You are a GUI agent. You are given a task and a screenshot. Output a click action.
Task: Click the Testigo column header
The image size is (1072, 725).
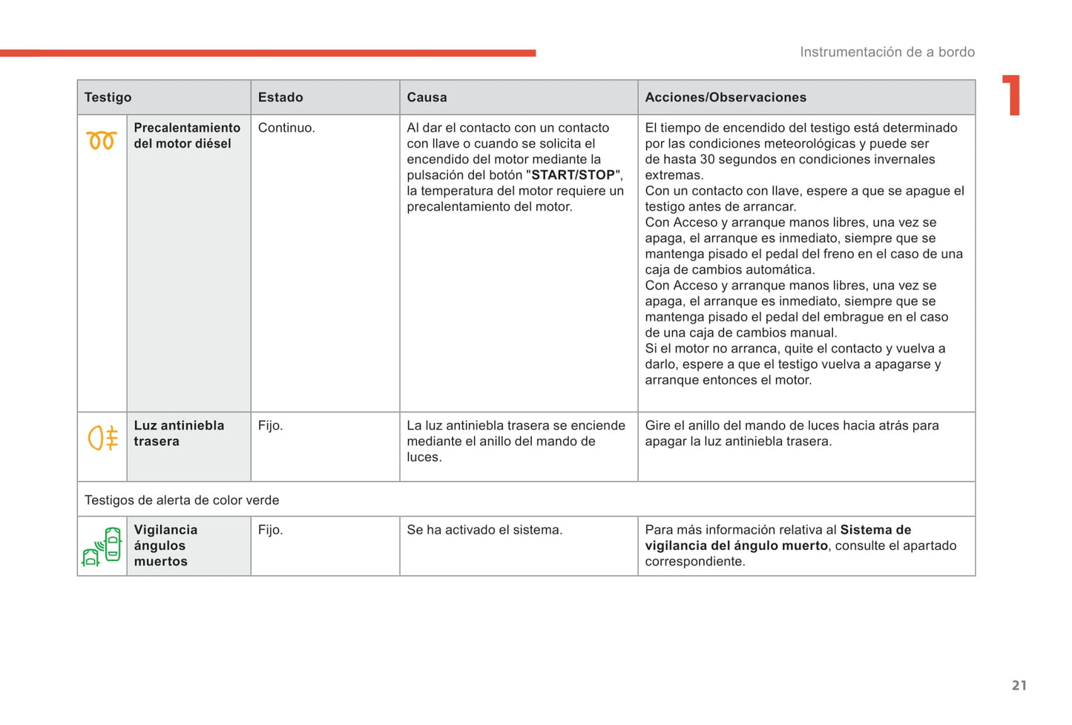coord(108,97)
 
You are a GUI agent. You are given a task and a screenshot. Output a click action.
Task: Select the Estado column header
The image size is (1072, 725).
coord(280,97)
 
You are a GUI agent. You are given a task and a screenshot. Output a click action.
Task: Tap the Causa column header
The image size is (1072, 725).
coord(427,97)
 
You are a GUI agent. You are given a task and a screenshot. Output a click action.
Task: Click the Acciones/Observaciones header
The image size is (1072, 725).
coord(726,97)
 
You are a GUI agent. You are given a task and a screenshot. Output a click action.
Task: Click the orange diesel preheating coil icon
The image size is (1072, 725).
coord(102,140)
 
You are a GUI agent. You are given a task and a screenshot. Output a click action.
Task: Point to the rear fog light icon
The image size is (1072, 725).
coord(102,438)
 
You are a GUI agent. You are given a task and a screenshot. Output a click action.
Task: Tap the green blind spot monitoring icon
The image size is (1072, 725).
coord(102,547)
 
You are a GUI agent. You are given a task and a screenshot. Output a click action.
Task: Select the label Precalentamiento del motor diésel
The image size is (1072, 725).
coord(187,136)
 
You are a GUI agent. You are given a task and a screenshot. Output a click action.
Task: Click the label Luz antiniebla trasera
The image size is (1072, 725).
coord(179,433)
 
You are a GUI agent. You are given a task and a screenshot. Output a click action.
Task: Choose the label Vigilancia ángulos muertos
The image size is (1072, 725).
coord(165,545)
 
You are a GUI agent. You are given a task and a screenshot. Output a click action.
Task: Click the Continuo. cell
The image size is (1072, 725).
coord(286,128)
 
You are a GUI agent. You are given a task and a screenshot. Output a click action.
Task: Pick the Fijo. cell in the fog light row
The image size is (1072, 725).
coord(271,426)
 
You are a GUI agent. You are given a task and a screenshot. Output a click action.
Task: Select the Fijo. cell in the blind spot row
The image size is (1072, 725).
coord(271,530)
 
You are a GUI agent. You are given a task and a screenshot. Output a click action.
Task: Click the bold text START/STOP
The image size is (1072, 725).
coord(573,175)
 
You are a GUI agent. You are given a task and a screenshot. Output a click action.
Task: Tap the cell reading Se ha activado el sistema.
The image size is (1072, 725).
coord(484,530)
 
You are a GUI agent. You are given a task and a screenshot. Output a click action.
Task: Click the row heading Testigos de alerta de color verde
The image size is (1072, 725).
coord(182,500)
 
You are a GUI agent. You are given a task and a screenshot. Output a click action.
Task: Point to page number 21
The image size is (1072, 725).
coord(1019,686)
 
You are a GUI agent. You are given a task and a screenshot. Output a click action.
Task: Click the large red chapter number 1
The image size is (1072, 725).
coord(1012,96)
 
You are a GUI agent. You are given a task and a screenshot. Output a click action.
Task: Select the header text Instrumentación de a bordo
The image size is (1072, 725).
coord(887,52)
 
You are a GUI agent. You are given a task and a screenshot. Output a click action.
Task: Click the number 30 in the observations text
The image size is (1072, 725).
coord(708,160)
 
